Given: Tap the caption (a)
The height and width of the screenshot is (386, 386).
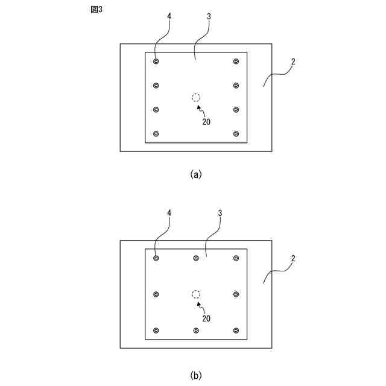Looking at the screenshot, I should coord(195,174).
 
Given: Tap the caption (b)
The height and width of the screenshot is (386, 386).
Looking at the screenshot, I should coord(195,375).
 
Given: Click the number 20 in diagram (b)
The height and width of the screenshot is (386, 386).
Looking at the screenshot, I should coord(206,317).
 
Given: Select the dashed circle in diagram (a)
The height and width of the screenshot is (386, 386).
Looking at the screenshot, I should coord(196,98).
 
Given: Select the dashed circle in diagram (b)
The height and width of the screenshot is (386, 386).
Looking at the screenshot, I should coord(196,294).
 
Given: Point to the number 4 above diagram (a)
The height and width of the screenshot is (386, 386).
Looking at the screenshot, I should coord(169,17).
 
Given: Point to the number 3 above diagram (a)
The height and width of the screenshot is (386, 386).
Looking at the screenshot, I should coord(208,17).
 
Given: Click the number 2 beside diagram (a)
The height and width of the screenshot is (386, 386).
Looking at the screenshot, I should coord(293,62).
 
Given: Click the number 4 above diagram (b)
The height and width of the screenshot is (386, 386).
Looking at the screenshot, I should coord(169,214).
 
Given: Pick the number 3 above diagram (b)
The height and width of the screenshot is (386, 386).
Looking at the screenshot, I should coord(220,214).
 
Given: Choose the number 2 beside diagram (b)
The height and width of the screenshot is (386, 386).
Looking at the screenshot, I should coord(293,258).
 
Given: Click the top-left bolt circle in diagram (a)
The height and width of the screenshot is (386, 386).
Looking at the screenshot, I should coord(156,62).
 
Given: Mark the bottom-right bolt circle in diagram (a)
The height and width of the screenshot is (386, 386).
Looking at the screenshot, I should coord(236,134).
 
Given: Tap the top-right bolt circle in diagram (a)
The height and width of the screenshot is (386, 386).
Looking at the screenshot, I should coord(236,62).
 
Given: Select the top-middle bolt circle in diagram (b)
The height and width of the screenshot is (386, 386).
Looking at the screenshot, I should coord(196,258).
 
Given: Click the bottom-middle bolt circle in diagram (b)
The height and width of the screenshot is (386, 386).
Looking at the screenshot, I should coord(196,331).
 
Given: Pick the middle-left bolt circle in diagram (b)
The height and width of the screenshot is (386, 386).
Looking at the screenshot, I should coord(156,294).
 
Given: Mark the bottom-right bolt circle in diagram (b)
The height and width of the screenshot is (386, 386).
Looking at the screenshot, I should coord(236,331).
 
